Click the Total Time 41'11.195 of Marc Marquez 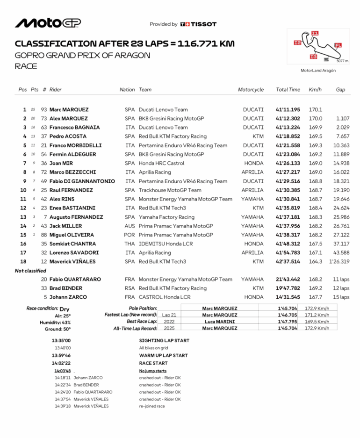(288, 109)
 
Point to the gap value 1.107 (342, 118)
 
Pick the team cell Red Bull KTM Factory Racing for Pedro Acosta (173, 136)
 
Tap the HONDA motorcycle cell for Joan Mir (254, 163)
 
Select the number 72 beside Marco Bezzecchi (44, 172)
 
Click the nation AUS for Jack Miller (130, 226)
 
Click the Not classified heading (30, 271)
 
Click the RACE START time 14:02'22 (61, 363)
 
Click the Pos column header (22, 90)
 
